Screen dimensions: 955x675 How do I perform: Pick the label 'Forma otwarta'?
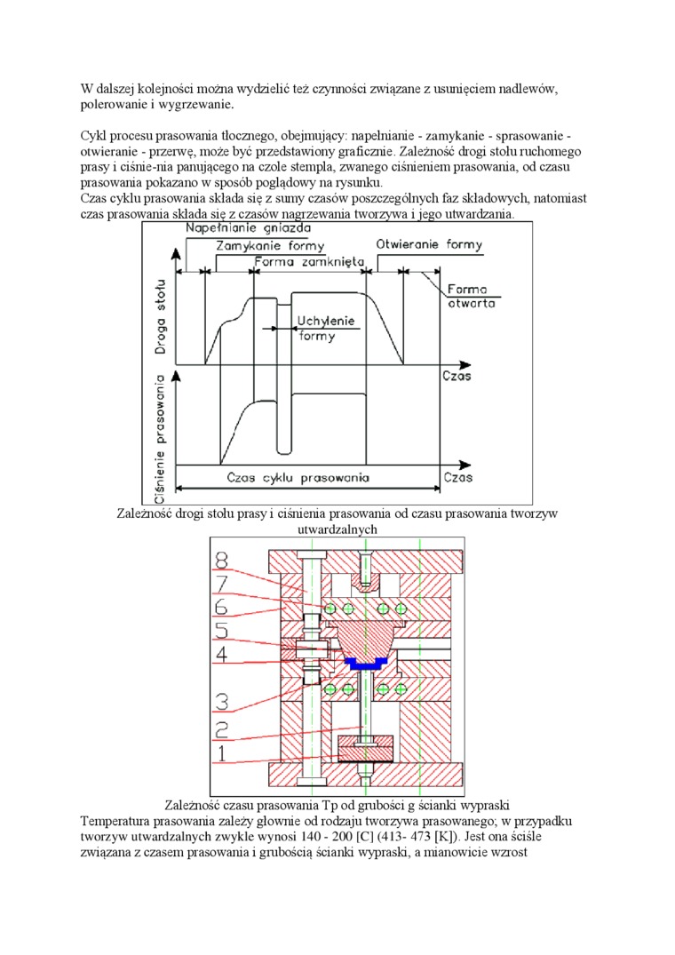pyautogui.click(x=470, y=296)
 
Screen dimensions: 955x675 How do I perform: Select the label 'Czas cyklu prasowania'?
pyautogui.click(x=298, y=477)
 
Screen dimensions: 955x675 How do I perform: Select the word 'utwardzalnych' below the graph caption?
pyautogui.click(x=337, y=529)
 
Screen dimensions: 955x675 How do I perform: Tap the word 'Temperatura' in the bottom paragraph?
pyautogui.click(x=115, y=821)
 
